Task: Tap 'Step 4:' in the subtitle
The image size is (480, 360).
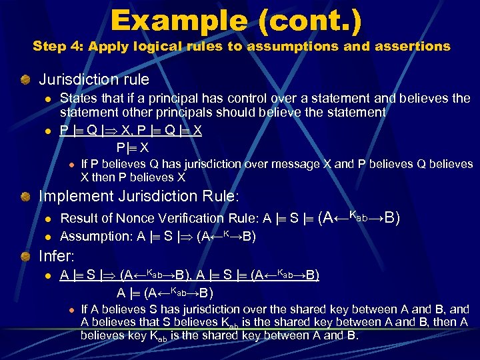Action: (58, 47)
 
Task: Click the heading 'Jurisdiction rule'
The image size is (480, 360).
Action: (94, 80)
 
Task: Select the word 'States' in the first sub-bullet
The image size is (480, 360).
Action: (77, 99)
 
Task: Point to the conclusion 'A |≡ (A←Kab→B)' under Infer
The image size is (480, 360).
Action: (165, 293)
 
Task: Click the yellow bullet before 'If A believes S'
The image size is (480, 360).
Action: (70, 310)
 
